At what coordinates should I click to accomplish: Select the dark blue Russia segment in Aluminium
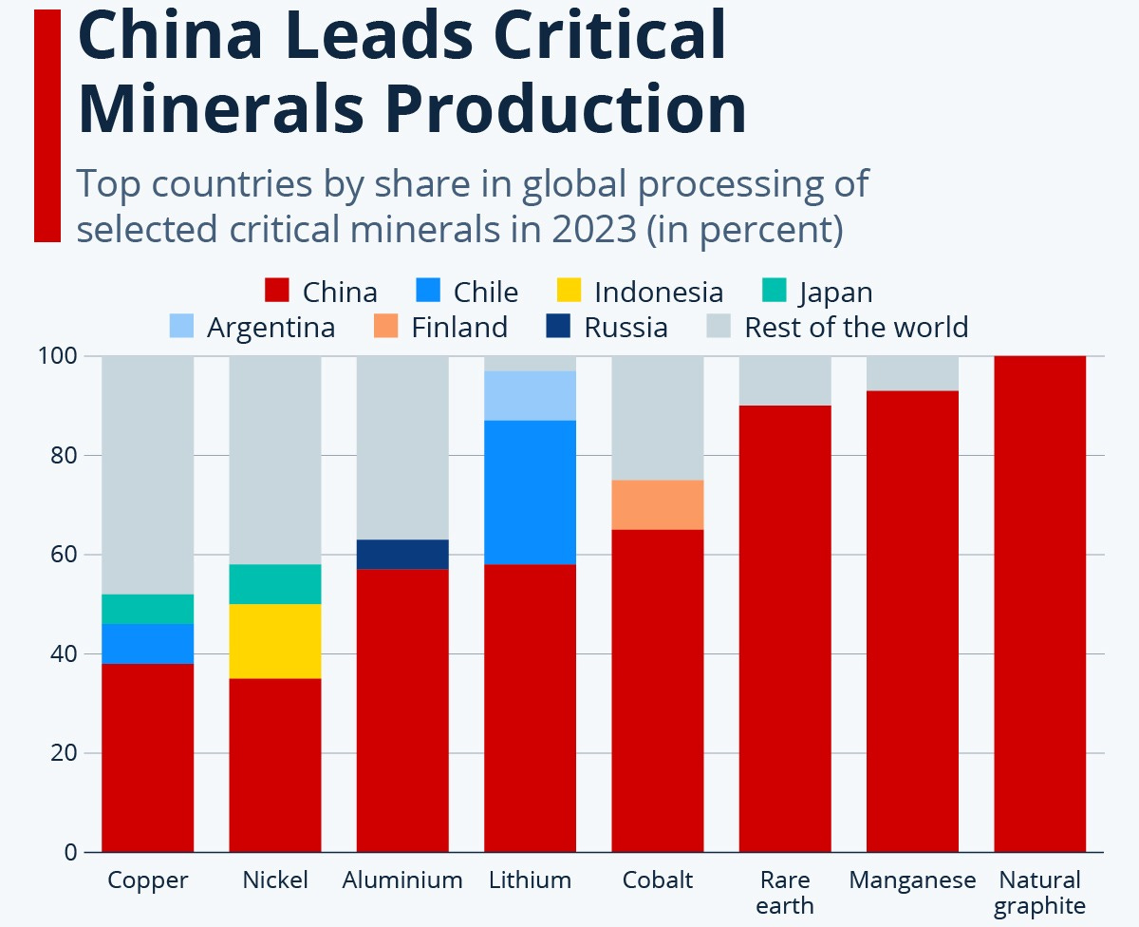tap(402, 554)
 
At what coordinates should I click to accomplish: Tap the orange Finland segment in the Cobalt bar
tap(658, 504)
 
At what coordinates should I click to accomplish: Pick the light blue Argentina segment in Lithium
tap(531, 395)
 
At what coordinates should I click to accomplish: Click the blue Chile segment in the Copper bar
tap(148, 643)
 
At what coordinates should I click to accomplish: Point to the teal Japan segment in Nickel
tap(275, 584)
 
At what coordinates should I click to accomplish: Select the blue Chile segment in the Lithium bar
tap(531, 492)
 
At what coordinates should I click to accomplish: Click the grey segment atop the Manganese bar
tap(912, 373)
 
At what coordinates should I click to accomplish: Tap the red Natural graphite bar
tap(1039, 604)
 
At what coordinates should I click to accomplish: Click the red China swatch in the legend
tap(276, 291)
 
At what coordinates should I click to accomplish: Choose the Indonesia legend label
tap(658, 292)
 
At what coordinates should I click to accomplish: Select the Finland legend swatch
tap(384, 327)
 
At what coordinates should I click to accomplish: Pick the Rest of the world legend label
tap(856, 328)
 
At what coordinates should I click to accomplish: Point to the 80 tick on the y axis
tap(64, 456)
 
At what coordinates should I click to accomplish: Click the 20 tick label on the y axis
tap(64, 753)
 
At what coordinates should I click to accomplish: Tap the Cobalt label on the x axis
tap(658, 880)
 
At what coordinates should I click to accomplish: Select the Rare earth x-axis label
tap(785, 893)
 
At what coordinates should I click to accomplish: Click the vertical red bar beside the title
tap(47, 125)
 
